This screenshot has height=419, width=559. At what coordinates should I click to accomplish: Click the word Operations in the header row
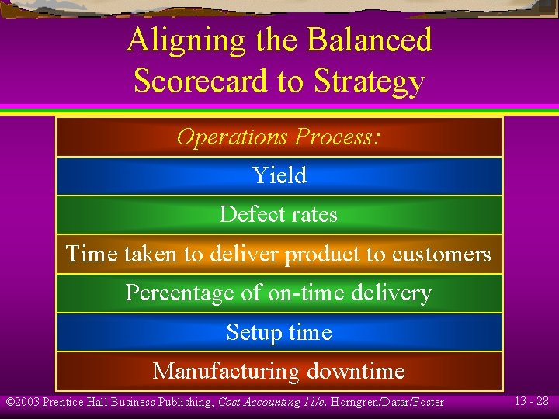pos(232,137)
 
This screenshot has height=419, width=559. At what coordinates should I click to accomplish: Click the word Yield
pos(279,175)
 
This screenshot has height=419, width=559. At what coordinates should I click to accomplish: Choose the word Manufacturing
pos(227,371)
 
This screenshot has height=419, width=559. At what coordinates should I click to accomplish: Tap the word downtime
pos(356,371)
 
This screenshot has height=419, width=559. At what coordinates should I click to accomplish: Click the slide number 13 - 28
pos(531,401)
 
